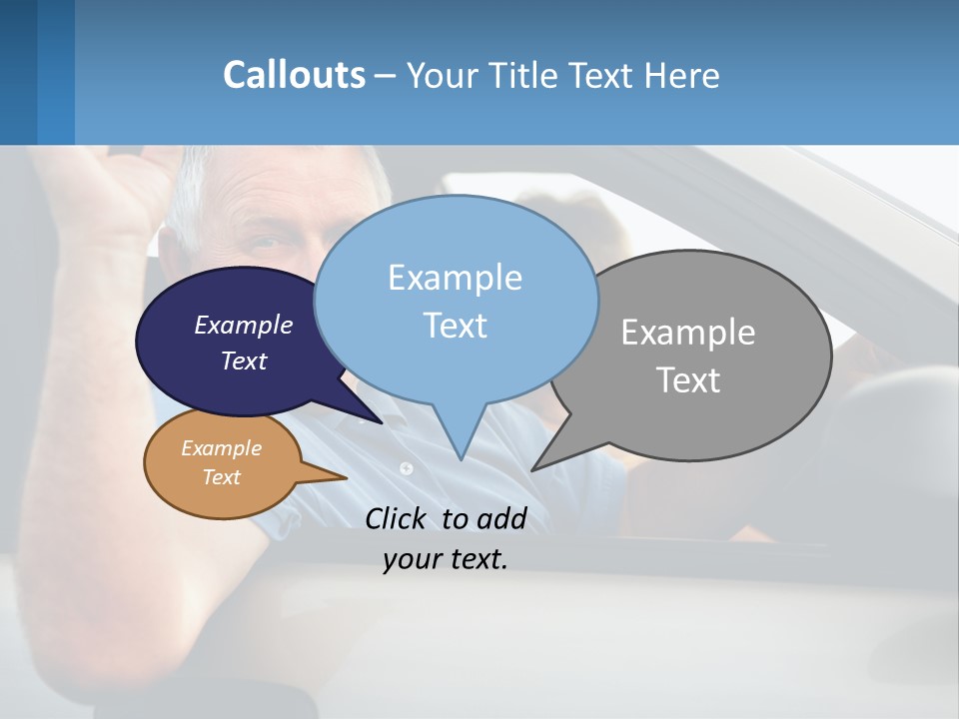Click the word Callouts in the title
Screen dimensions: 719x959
(x=294, y=75)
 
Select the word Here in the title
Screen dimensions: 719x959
(x=682, y=75)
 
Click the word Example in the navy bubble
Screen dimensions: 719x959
(x=244, y=325)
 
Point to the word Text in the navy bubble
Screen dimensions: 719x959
(x=244, y=360)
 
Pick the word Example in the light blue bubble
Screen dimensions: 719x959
(x=455, y=278)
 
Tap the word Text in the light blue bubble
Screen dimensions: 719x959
(x=455, y=326)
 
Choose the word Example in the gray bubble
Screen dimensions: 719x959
(x=688, y=333)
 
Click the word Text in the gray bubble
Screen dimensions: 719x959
(x=688, y=380)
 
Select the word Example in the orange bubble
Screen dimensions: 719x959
(x=221, y=448)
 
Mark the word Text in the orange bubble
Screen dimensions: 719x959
(x=221, y=477)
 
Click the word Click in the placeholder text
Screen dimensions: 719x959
(x=398, y=518)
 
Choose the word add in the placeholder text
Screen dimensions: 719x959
(x=501, y=518)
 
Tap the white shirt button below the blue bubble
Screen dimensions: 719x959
(x=406, y=467)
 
